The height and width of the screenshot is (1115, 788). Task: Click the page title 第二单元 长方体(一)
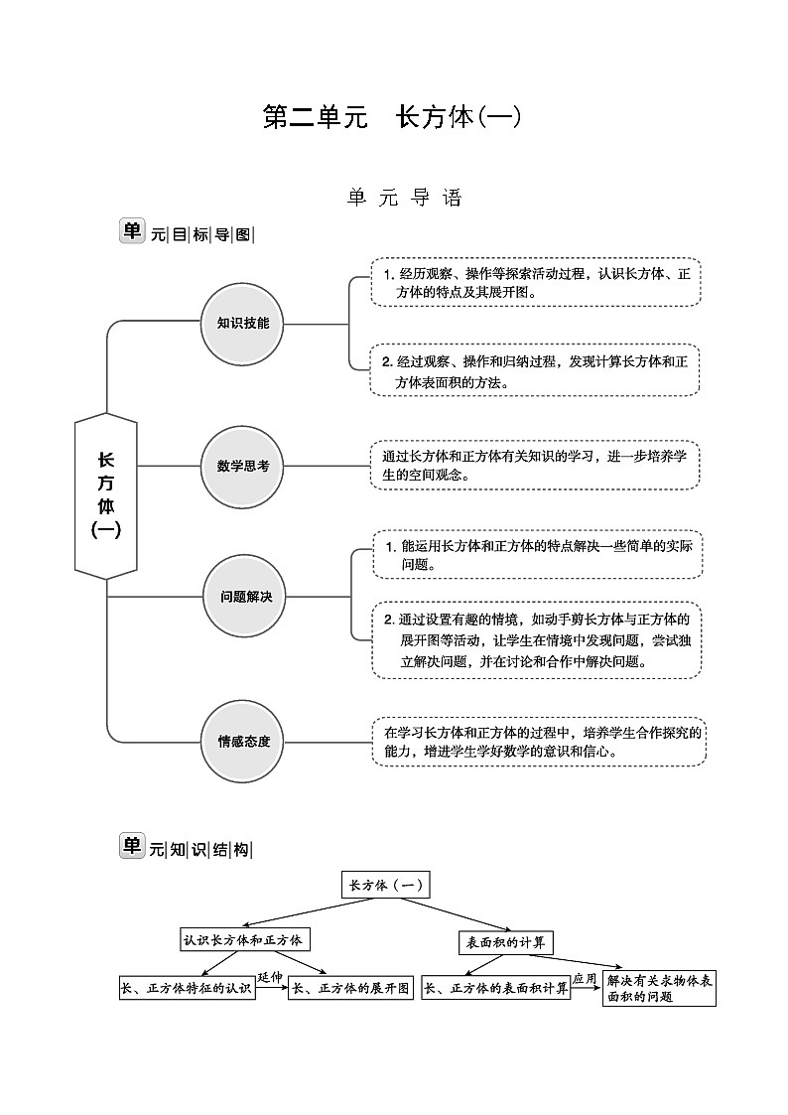pyautogui.click(x=392, y=117)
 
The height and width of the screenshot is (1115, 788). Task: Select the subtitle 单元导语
pyautogui.click(x=405, y=199)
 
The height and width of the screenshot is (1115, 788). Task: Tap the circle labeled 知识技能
pyautogui.click(x=242, y=324)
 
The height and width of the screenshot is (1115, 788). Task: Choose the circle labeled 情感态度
pyautogui.click(x=244, y=741)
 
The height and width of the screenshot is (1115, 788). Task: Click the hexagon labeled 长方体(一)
pyautogui.click(x=106, y=495)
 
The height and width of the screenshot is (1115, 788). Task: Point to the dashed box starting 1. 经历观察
pyautogui.click(x=536, y=282)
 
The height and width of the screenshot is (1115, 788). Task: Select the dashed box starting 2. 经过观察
pyautogui.click(x=535, y=370)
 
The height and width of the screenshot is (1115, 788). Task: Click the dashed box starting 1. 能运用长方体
pyautogui.click(x=537, y=554)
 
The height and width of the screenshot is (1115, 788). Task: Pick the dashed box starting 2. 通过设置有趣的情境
pyautogui.click(x=537, y=640)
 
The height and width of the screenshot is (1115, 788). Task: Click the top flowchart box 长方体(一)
pyautogui.click(x=385, y=886)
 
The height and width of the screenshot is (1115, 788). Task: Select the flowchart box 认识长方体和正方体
pyautogui.click(x=242, y=939)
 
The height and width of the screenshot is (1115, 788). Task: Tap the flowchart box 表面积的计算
pyautogui.click(x=506, y=942)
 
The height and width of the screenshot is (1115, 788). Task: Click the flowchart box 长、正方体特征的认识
pyautogui.click(x=187, y=989)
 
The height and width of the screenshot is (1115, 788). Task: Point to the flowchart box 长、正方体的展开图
pyautogui.click(x=350, y=989)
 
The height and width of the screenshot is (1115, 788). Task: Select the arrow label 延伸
pyautogui.click(x=271, y=977)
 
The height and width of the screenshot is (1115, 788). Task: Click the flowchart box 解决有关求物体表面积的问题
pyautogui.click(x=659, y=989)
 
